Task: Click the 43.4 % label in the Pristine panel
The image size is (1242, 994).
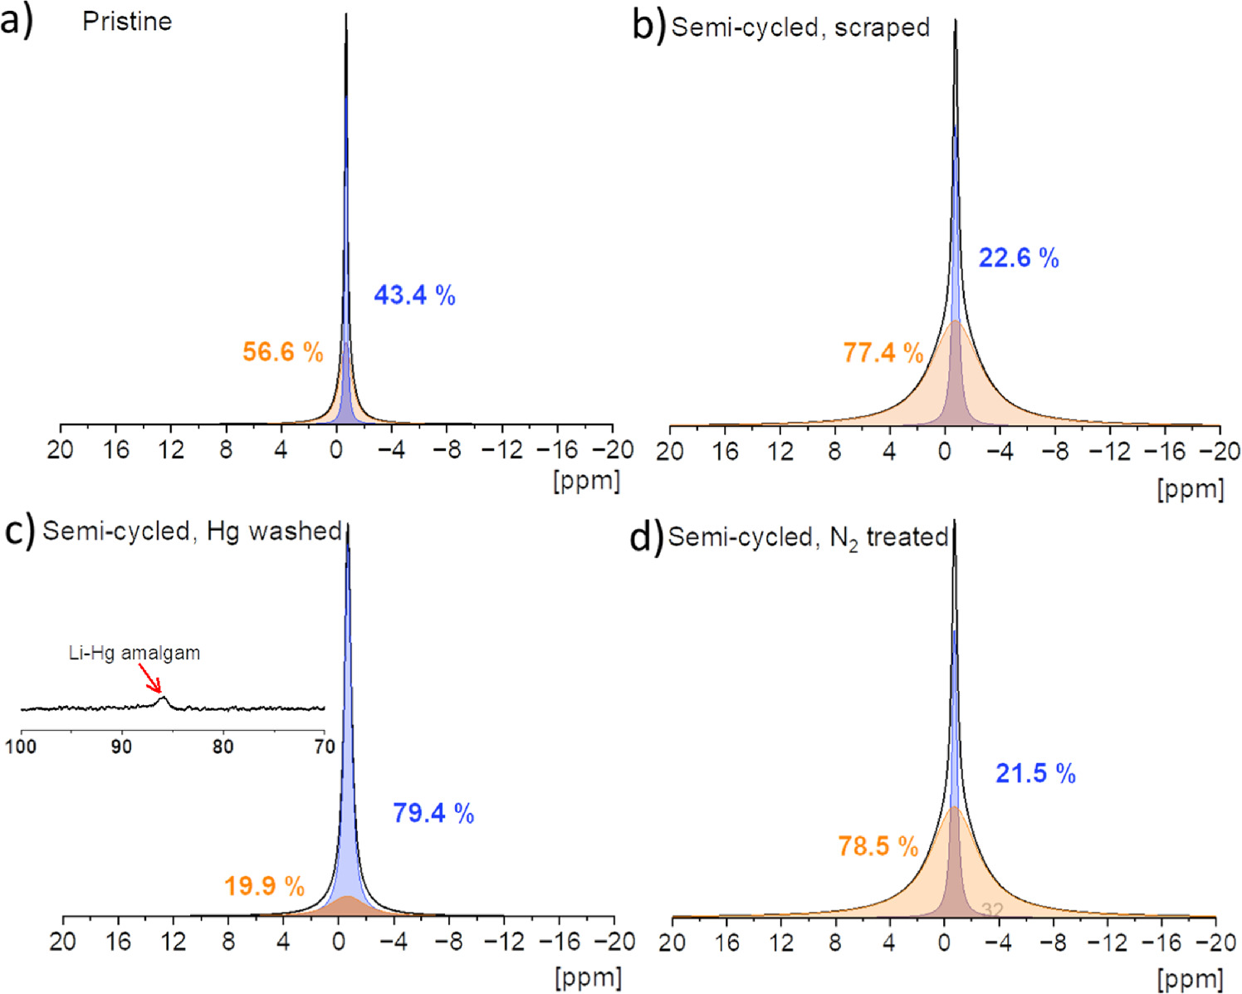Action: pyautogui.click(x=414, y=295)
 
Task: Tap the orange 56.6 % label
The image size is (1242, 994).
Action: pyautogui.click(x=282, y=351)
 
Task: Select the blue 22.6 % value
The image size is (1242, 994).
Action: pyautogui.click(x=1019, y=258)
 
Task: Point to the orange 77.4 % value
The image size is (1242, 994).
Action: pyautogui.click(x=883, y=353)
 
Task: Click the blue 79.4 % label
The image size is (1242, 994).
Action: pyautogui.click(x=433, y=813)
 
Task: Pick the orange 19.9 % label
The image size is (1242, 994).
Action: pyautogui.click(x=264, y=886)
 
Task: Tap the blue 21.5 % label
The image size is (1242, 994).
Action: pyautogui.click(x=1035, y=774)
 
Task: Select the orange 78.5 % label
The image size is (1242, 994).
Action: pyautogui.click(x=878, y=846)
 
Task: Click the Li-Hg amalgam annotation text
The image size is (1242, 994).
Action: pyautogui.click(x=134, y=653)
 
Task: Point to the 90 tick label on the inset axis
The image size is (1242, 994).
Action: pyautogui.click(x=121, y=747)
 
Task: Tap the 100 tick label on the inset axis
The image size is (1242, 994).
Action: pyautogui.click(x=21, y=747)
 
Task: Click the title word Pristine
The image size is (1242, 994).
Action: pyautogui.click(x=127, y=22)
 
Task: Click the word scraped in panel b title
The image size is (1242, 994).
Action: pyautogui.click(x=882, y=27)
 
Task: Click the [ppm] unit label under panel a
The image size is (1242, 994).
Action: pyautogui.click(x=586, y=481)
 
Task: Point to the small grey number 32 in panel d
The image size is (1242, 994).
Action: pyautogui.click(x=993, y=910)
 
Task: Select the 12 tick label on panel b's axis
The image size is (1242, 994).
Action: pyautogui.click(x=780, y=452)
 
